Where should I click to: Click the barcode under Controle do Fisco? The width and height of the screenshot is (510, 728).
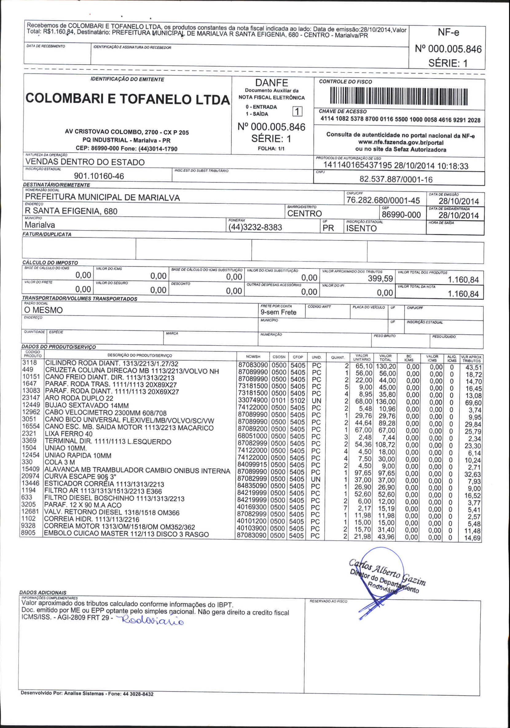[x=399, y=97]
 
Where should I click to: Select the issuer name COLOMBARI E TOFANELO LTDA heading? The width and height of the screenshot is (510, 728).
[x=127, y=99]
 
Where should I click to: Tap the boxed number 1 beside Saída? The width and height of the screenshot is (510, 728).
[x=297, y=111]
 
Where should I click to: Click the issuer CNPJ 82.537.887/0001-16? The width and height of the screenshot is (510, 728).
[x=396, y=180]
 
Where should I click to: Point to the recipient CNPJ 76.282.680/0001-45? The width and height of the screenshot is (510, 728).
[x=383, y=200]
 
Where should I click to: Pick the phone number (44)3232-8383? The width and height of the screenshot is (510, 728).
[x=255, y=227]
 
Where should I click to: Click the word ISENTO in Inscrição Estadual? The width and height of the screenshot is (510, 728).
[x=361, y=228]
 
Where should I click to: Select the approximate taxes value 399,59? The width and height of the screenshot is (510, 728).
[x=380, y=279]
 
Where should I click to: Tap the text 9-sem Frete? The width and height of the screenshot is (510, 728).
[x=278, y=312]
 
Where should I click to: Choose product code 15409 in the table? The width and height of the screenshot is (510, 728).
[x=30, y=469]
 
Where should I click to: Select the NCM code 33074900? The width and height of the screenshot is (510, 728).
[x=253, y=400]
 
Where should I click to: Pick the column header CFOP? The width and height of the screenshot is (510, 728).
[x=298, y=357]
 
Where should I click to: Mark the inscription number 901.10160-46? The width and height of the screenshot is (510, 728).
[x=99, y=176]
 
